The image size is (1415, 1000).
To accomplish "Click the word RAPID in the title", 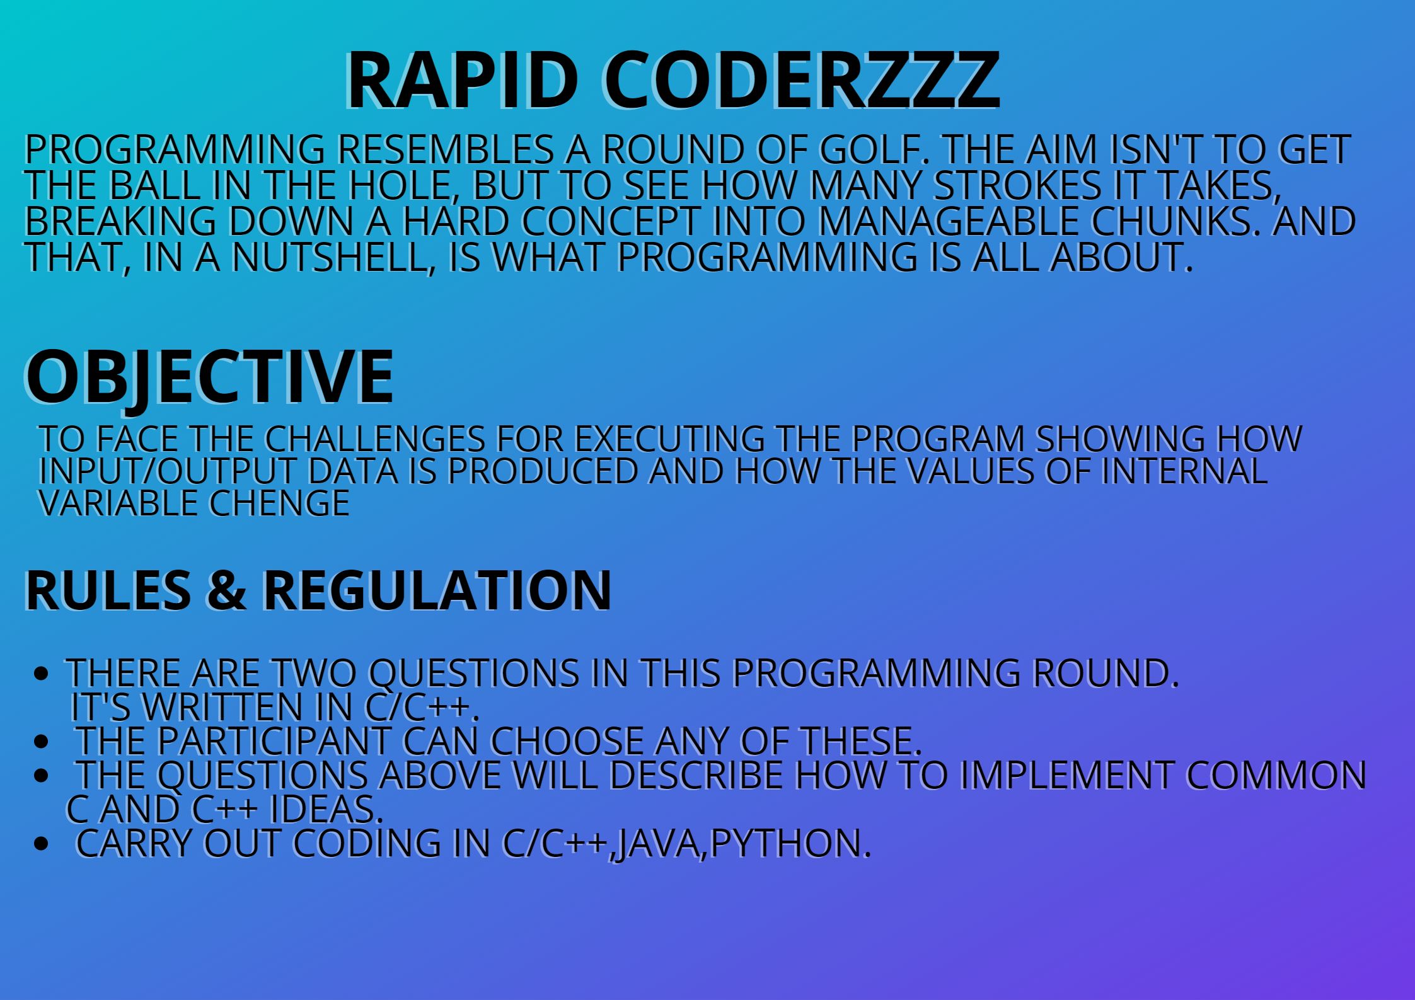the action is coord(461,81).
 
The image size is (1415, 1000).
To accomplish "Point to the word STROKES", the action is coord(1017,185).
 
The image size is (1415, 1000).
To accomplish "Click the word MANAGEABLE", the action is coord(949,221).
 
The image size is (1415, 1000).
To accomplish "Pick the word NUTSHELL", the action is coord(330,256).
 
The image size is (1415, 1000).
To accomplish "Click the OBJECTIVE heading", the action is coord(209,377).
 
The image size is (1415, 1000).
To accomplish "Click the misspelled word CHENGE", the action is coord(279,503).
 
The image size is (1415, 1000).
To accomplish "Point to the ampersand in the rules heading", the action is coord(226,590).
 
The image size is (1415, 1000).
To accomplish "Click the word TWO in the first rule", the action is coord(314,672).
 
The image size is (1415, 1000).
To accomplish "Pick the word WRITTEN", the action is coord(223,706).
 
